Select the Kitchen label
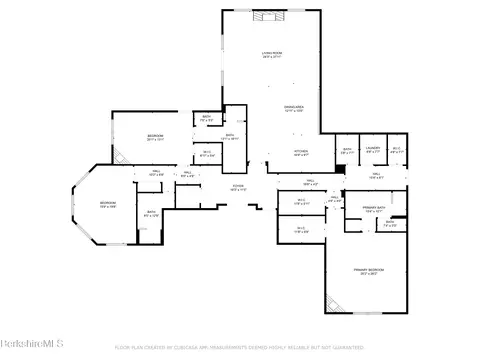pos(301,151)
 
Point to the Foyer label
pos(239,187)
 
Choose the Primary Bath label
pos(375,211)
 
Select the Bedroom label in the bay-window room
pos(107,204)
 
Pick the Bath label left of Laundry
pos(347,150)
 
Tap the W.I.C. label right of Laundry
pos(396,150)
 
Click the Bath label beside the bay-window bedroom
pos(151,213)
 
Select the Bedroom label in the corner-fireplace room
pos(156,137)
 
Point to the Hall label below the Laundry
pos(376,175)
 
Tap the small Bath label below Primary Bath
pos(390,224)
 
